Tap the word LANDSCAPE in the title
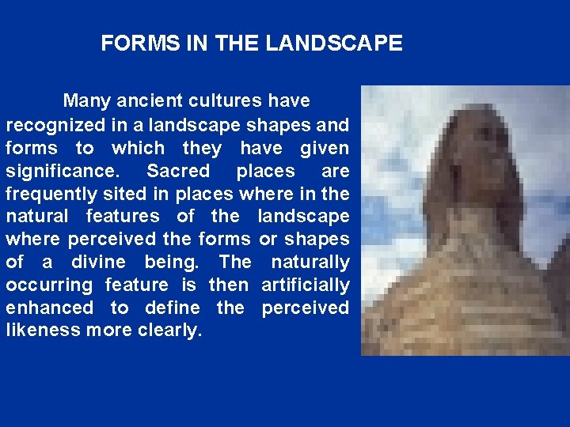click(x=334, y=43)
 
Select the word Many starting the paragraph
click(x=86, y=101)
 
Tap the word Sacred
click(x=178, y=171)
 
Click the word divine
click(x=98, y=262)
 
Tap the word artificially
click(x=305, y=285)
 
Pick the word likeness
click(x=42, y=330)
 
